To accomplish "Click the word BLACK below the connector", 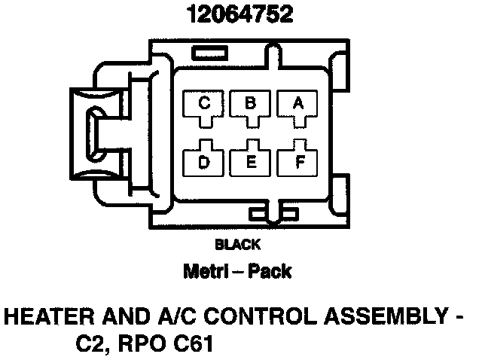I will click(237, 245).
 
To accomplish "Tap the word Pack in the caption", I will click(273, 271).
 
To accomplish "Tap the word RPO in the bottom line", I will click(138, 346).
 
